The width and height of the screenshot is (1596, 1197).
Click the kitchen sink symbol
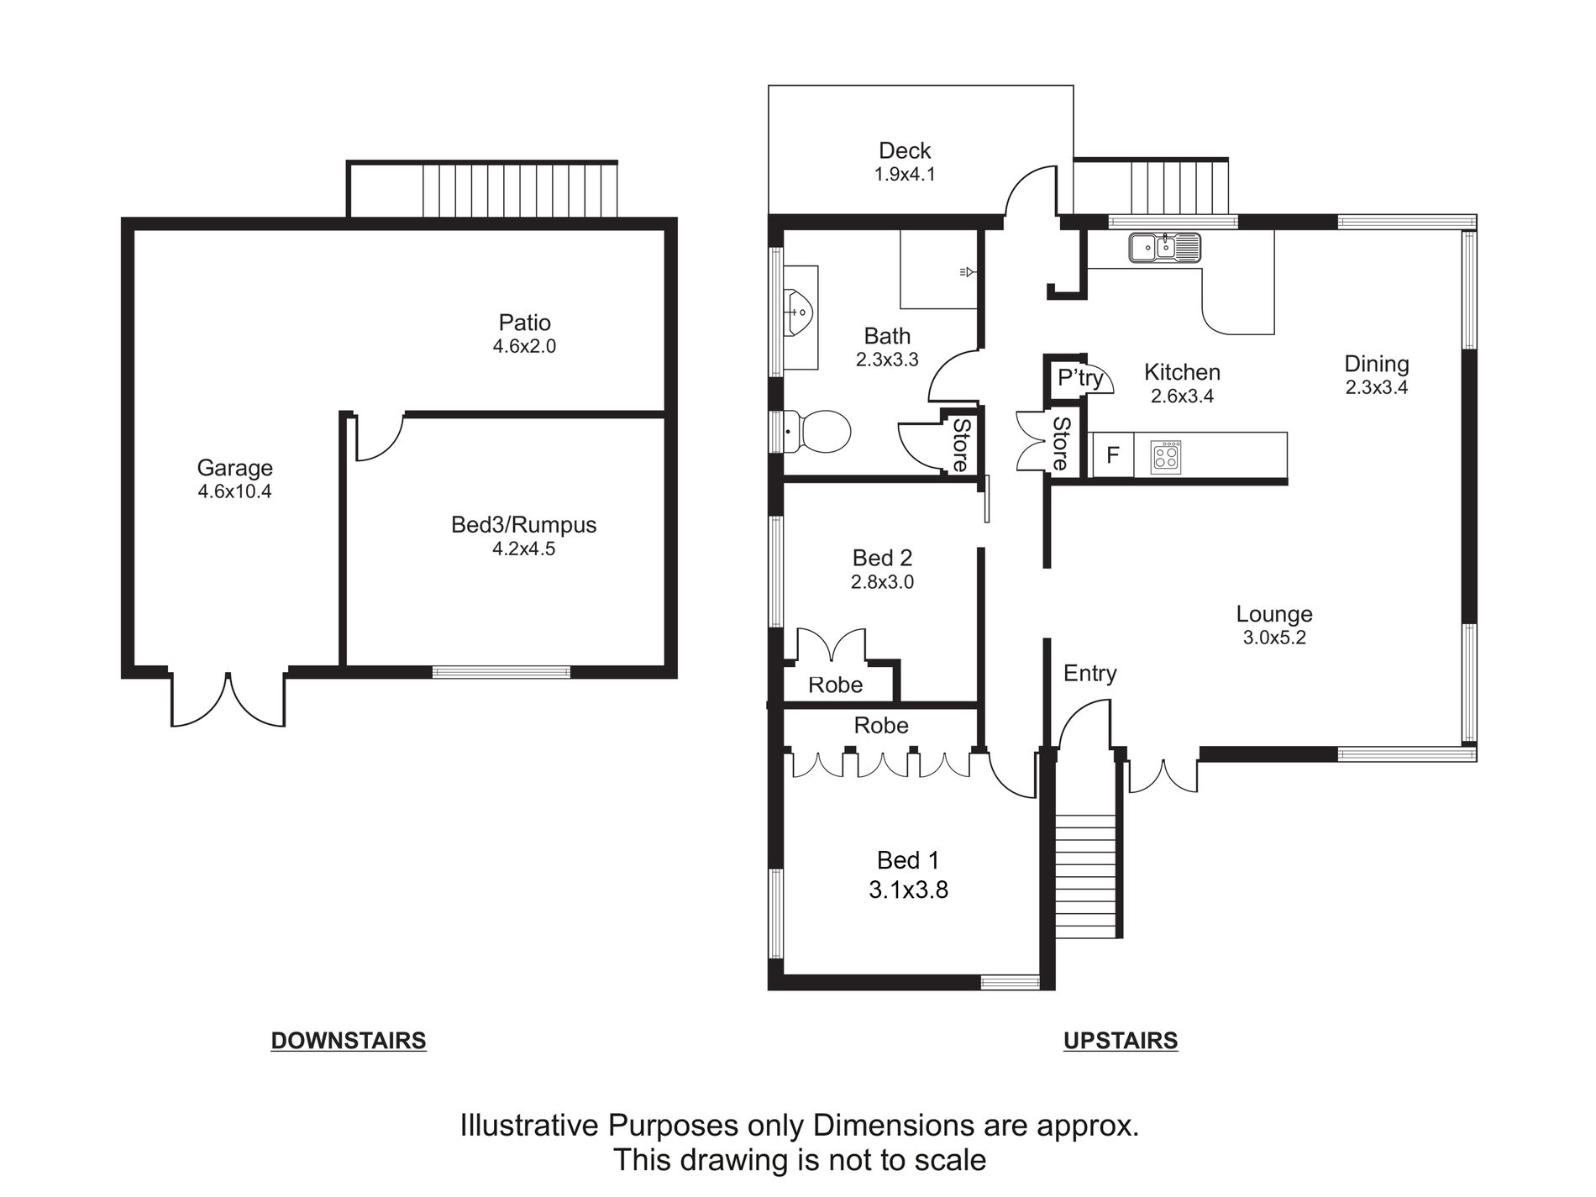[1165, 247]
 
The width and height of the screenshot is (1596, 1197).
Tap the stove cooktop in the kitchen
[1166, 456]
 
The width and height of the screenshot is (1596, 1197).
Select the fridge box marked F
[1112, 455]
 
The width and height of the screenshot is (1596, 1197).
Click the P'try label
[1080, 378]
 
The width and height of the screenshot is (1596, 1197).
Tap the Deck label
[905, 150]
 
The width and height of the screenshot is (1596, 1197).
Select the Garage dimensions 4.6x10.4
[234, 491]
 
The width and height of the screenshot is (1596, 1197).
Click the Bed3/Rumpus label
[524, 525]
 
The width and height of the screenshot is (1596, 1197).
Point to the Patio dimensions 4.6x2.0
[524, 346]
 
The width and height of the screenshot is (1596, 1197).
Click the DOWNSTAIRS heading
[349, 1041]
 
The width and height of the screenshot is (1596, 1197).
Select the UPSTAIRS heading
[1121, 1041]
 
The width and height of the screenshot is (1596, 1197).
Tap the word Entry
[1090, 673]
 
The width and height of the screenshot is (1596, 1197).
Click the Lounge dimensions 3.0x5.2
[1274, 638]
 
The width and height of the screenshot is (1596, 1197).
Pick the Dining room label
[1377, 364]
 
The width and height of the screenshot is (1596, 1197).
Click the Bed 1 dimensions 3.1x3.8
[908, 890]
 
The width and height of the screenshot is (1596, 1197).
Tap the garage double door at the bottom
[228, 699]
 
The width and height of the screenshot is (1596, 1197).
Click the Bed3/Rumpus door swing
[380, 437]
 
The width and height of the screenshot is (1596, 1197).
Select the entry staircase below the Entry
[1087, 876]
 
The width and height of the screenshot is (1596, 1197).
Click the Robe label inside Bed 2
[836, 685]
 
